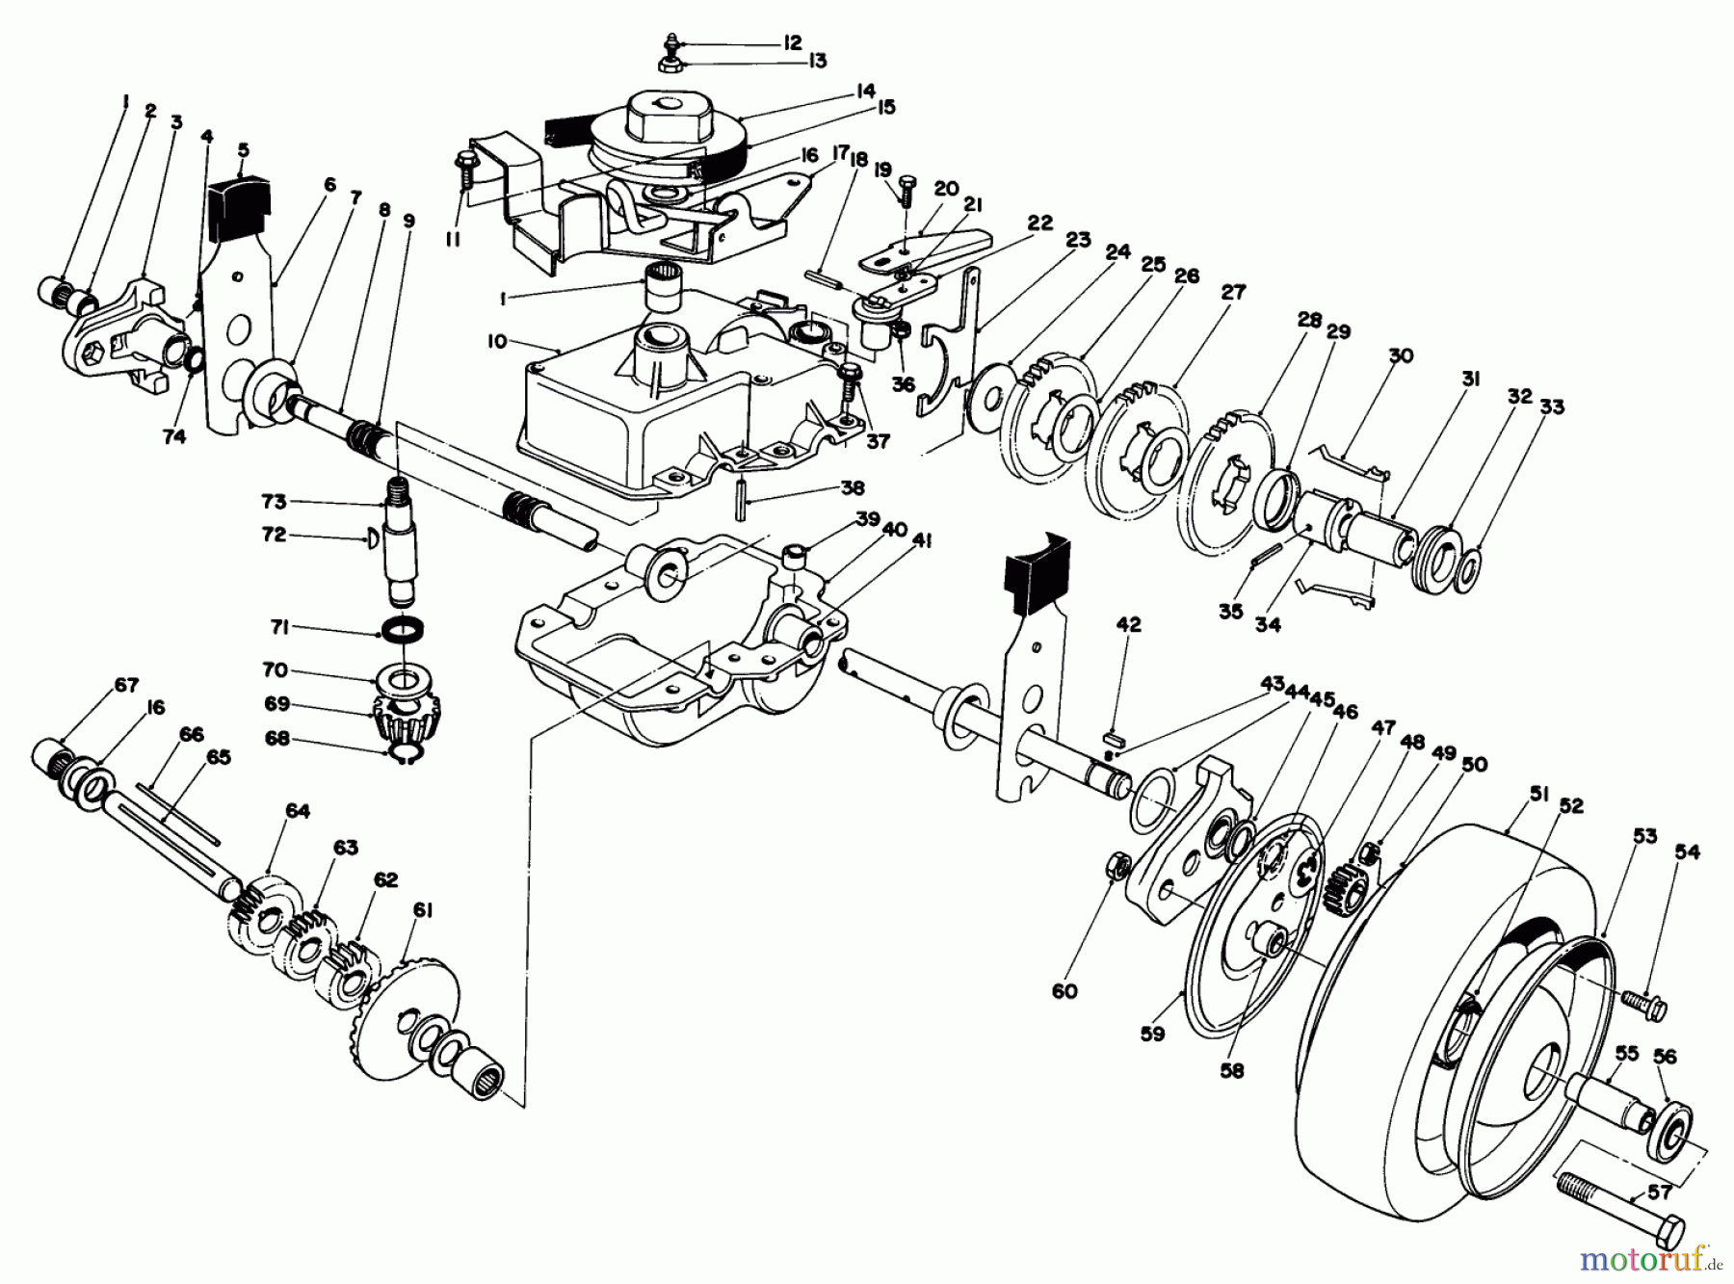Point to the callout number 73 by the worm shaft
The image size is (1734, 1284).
(x=274, y=502)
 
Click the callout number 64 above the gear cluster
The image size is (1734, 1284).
(x=298, y=811)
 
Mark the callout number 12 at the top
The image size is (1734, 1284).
(x=792, y=43)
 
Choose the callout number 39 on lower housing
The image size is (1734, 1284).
(x=868, y=518)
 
